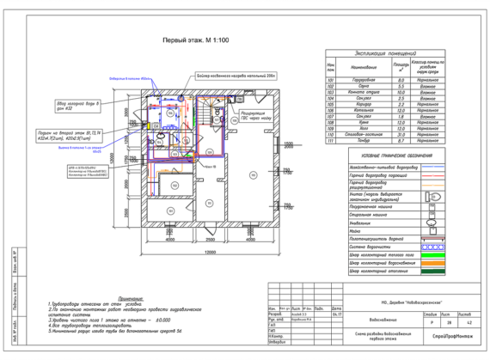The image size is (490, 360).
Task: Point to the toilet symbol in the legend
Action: point(454,196)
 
